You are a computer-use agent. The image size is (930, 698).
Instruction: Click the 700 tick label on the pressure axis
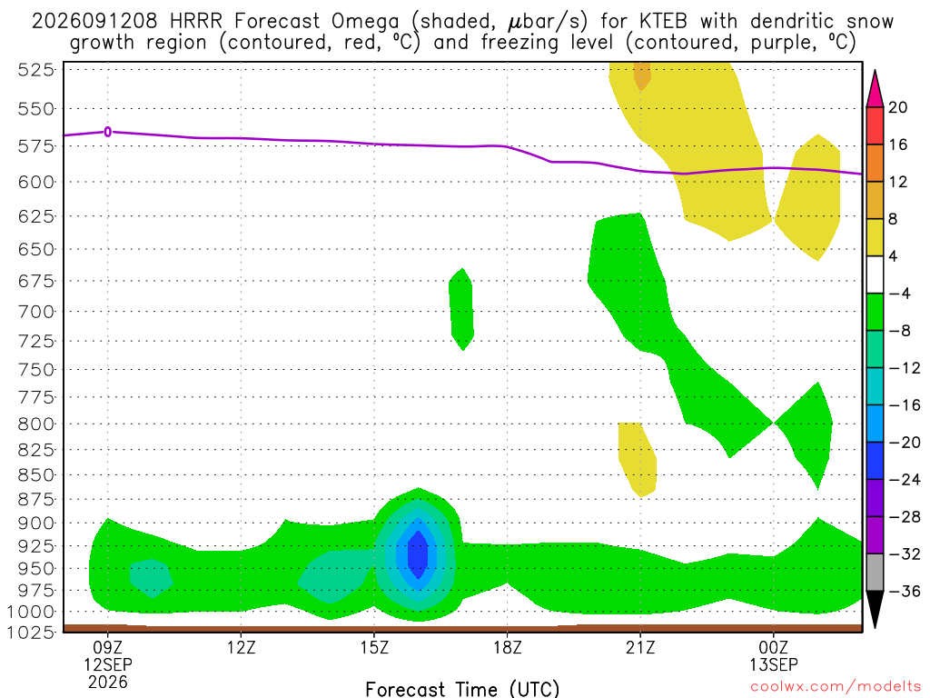click(35, 312)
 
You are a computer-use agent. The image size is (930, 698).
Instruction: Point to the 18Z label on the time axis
click(507, 647)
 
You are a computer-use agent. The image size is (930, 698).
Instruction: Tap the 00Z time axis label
click(774, 647)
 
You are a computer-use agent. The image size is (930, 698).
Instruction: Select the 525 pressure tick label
click(35, 70)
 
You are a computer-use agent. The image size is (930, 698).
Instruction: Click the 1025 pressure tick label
click(31, 633)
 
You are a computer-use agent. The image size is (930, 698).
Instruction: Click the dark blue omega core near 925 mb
click(418, 555)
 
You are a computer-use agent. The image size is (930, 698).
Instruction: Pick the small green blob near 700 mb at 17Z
click(461, 309)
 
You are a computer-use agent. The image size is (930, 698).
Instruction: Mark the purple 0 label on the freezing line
click(107, 132)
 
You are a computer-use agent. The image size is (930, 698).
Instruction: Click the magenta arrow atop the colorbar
click(875, 88)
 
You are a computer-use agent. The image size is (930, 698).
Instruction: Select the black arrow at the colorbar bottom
click(875, 609)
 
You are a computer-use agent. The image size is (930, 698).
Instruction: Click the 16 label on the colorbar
click(898, 145)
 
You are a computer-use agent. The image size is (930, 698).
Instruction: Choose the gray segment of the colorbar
click(875, 573)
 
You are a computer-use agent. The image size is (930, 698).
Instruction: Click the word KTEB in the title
click(663, 22)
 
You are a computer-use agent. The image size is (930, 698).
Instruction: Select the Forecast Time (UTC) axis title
click(462, 689)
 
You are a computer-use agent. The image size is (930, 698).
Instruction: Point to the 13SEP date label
click(774, 664)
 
